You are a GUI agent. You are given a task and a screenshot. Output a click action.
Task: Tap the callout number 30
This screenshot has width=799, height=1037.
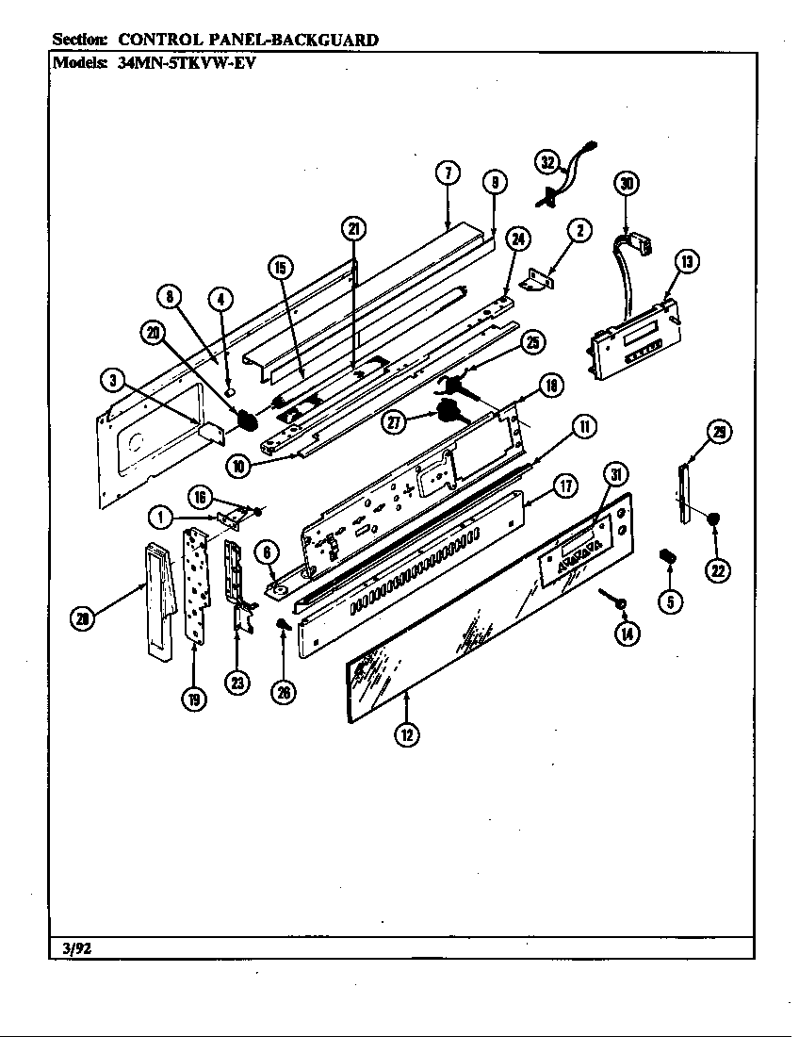pos(626,184)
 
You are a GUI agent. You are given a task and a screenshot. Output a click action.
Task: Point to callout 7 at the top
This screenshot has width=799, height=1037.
pos(448,173)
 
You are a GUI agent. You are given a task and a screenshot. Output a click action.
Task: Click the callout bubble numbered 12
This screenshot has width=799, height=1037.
pos(406,735)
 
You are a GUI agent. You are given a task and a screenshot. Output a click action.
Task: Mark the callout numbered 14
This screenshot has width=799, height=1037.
pos(626,634)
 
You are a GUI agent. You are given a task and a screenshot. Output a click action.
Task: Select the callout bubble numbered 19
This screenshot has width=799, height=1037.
pos(193,700)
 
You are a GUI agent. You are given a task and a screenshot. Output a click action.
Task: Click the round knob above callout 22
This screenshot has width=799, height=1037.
pos(716,518)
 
